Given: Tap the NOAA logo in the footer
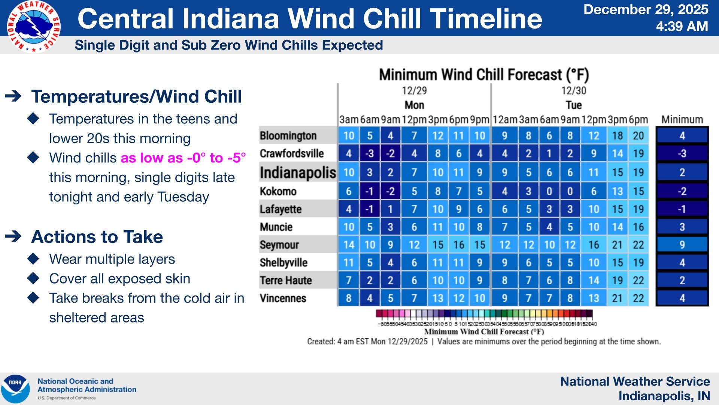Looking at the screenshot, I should [15, 388].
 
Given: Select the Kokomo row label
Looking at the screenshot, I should [278, 191].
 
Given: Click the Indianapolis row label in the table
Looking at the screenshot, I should [298, 172].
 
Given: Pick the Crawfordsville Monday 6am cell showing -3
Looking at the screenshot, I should [370, 154].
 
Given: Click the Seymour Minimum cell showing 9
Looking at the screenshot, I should [682, 245].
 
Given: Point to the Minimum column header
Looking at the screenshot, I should [682, 120].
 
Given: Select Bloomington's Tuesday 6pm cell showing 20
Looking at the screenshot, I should [638, 136].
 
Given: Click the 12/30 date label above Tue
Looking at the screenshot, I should [573, 91].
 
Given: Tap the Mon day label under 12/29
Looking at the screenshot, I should [414, 105].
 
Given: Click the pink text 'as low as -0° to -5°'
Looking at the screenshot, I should [183, 158].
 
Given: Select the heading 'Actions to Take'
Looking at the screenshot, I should [97, 237].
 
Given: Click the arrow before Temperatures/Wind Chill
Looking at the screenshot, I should [13, 96].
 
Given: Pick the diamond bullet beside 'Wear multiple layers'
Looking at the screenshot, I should [33, 259].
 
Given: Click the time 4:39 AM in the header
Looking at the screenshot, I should [682, 27].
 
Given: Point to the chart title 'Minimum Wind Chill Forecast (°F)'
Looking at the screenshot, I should [484, 75].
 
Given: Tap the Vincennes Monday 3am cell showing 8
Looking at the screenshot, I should [349, 298].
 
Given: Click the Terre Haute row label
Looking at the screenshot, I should [286, 280].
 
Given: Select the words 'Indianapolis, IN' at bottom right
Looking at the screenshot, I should [664, 396].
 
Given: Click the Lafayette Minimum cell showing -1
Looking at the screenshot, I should [682, 209].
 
